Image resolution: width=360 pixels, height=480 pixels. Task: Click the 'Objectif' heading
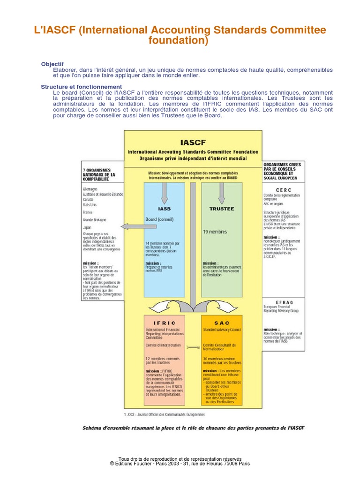[x=52, y=64]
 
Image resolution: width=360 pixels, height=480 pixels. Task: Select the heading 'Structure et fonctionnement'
[x=81, y=87]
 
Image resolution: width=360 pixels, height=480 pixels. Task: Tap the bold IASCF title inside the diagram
[x=193, y=142]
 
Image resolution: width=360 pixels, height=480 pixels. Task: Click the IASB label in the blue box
[x=164, y=209]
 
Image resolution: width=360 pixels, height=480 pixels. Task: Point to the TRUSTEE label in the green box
[x=221, y=209]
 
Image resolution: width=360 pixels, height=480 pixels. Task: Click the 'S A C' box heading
[x=222, y=323]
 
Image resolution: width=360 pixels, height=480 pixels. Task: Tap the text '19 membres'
[x=215, y=232]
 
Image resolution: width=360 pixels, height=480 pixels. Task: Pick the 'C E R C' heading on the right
[x=284, y=189]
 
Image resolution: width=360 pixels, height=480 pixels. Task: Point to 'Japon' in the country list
[x=88, y=227]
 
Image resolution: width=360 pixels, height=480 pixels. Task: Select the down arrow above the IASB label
[x=165, y=191]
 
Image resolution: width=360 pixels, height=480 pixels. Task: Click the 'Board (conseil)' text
[x=159, y=219]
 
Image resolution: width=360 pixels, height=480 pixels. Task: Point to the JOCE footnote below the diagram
[x=164, y=414]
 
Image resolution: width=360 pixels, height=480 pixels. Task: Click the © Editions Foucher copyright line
[x=180, y=463]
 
